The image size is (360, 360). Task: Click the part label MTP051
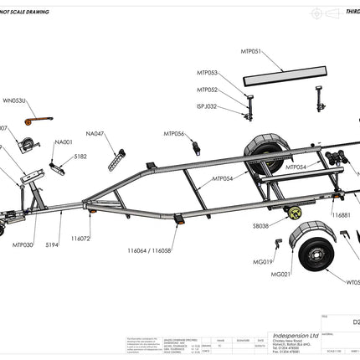251,52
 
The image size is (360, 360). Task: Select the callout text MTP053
208,73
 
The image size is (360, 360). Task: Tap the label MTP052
208,90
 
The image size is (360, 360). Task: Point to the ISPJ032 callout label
207,106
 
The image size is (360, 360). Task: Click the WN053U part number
14,100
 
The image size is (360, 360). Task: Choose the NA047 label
95,133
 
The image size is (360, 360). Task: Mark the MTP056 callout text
174,133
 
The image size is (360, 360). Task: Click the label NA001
64,142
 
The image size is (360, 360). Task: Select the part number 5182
80,156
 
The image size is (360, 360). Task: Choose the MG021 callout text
280,274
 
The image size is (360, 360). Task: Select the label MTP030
23,245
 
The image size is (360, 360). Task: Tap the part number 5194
52,245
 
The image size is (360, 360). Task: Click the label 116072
80,239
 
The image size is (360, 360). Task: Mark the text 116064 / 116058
150,250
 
